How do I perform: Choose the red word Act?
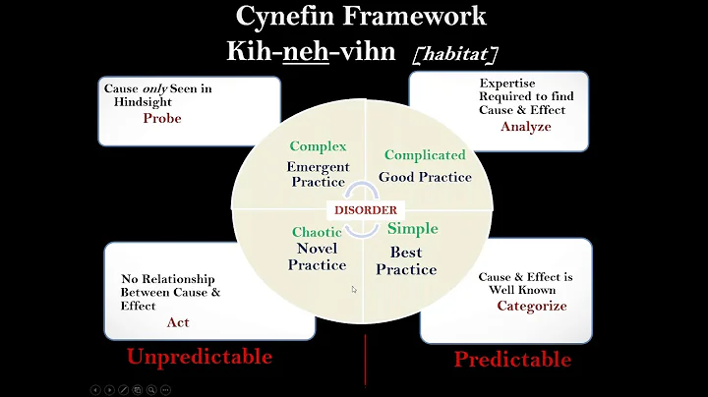[x=178, y=321]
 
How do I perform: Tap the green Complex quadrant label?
[x=318, y=146]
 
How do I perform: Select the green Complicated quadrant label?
[x=425, y=155]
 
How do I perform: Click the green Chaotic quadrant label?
[x=317, y=233]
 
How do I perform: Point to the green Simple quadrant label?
[x=412, y=228]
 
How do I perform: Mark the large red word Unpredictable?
[x=199, y=356]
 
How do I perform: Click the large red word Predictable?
[x=511, y=359]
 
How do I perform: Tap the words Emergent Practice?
[x=318, y=174]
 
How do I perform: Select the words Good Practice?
[x=425, y=178]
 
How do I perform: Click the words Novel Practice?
[x=317, y=256]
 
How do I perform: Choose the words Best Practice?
[x=406, y=261]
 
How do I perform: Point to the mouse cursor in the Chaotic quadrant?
[x=354, y=290]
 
